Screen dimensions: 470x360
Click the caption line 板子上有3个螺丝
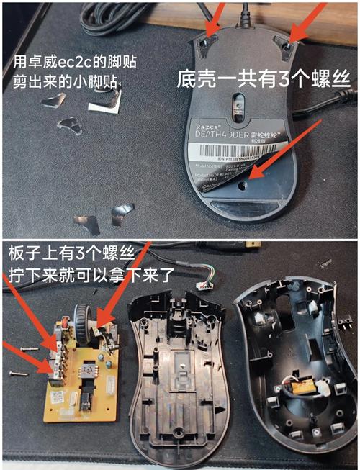(61, 257)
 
